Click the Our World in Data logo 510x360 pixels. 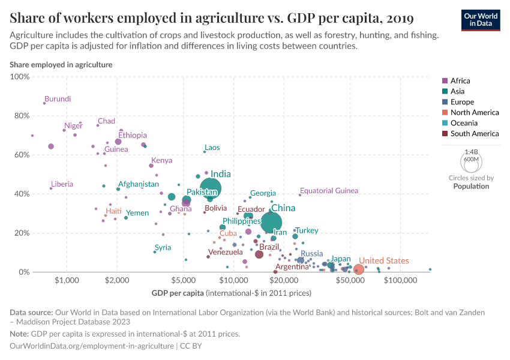pos(481,19)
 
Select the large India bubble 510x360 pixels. pos(210,188)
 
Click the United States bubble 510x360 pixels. pos(358,270)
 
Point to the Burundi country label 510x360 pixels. pos(58,99)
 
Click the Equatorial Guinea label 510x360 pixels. pos(329,191)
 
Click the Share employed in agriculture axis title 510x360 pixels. pos(61,64)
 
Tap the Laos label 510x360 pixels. pos(212,148)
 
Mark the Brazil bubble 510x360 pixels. pos(259,254)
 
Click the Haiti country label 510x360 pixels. pos(113,211)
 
